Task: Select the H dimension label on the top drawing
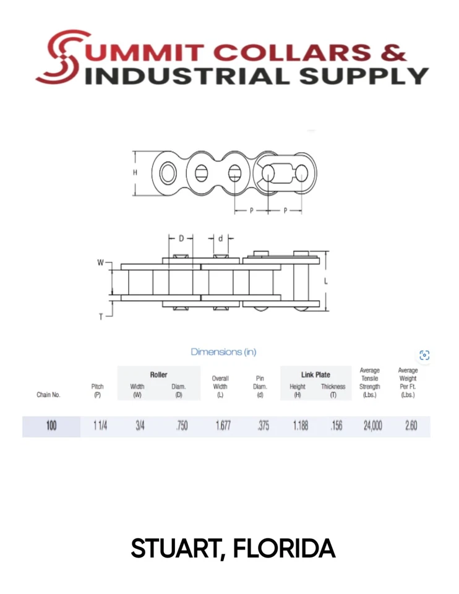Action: click(x=135, y=173)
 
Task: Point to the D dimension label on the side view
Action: click(x=181, y=238)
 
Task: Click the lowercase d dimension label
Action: click(x=221, y=238)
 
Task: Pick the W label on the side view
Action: click(x=100, y=263)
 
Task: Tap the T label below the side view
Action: click(x=101, y=317)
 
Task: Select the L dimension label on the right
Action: click(x=326, y=282)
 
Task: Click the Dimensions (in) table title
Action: click(x=223, y=352)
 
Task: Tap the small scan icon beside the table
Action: click(x=424, y=355)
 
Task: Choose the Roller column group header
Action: click(x=158, y=375)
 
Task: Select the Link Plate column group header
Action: click(x=315, y=375)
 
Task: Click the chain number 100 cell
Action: click(x=51, y=426)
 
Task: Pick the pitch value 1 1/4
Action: click(x=100, y=426)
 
